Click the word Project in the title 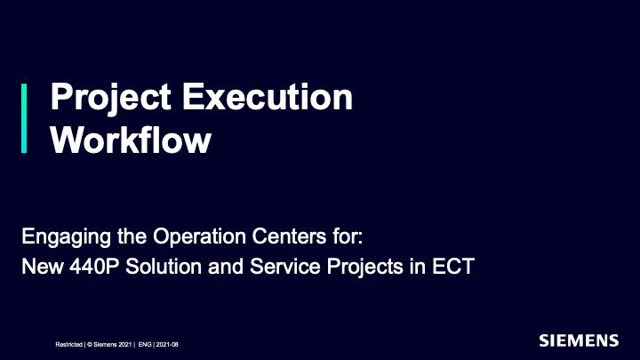tap(110, 98)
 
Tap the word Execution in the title tap(268, 97)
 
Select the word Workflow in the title tap(131, 140)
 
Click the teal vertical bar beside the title tap(24, 118)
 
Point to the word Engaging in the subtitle tap(66, 237)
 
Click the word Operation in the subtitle tap(200, 236)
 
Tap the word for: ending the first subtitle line tap(348, 236)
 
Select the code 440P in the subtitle tap(94, 267)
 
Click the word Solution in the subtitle tap(164, 267)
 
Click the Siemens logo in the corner tap(579, 340)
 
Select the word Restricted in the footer tap(69, 345)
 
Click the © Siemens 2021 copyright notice tap(109, 345)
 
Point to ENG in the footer tap(145, 345)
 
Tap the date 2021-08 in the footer tap(167, 345)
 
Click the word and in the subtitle tap(226, 267)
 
